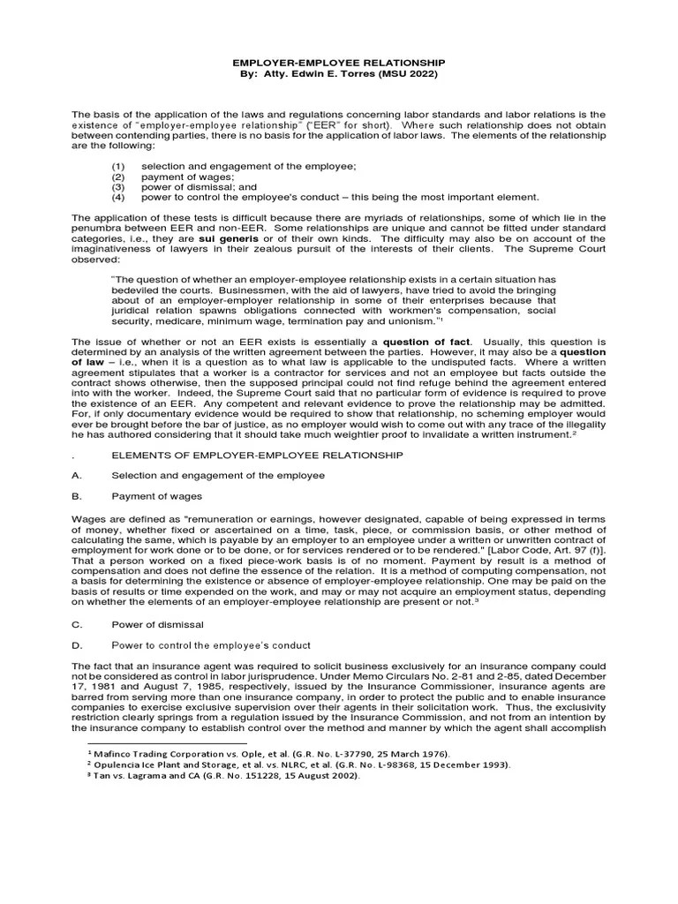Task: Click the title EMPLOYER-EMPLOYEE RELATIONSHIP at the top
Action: click(339, 64)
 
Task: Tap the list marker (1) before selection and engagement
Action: click(118, 167)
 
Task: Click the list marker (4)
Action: click(118, 198)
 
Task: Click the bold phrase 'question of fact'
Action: click(427, 341)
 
